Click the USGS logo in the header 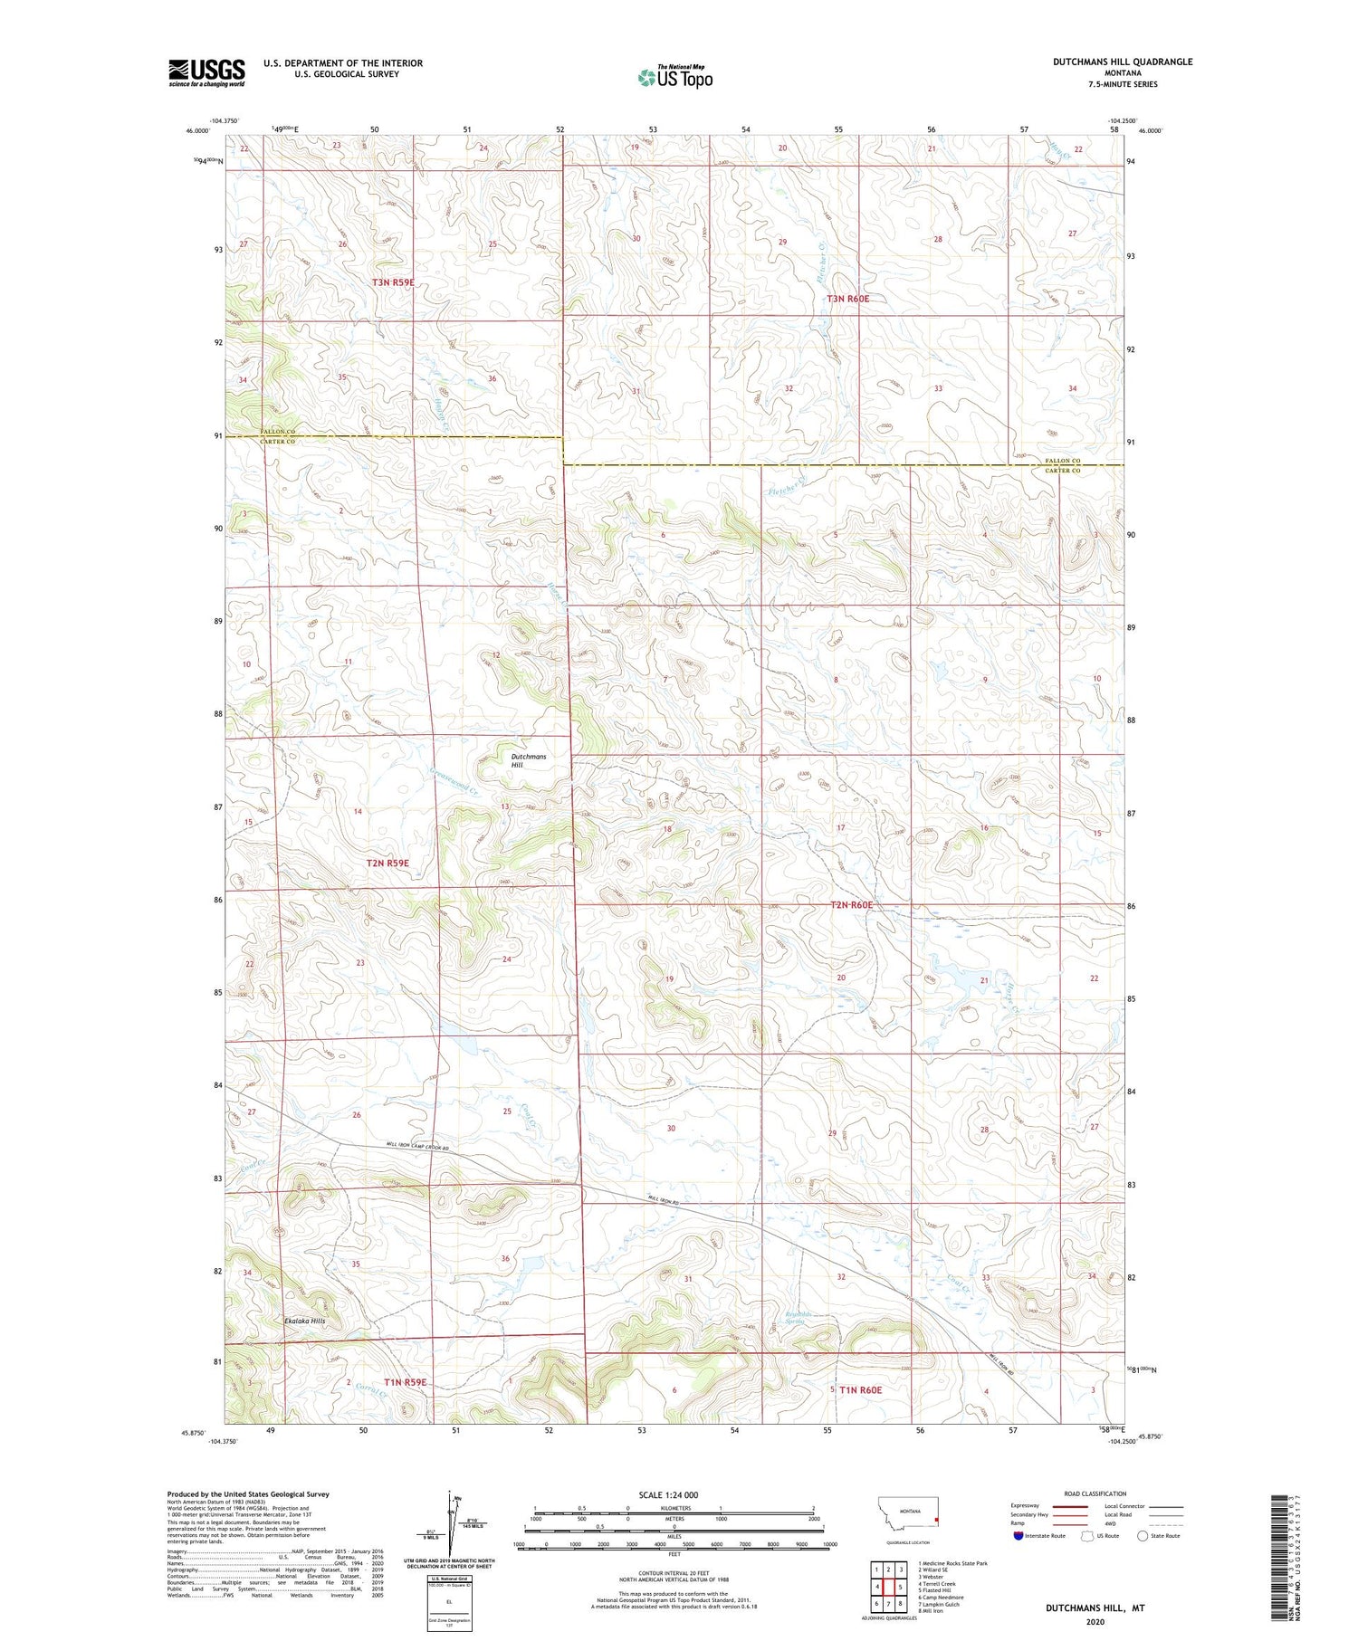pyautogui.click(x=206, y=72)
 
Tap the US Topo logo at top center pyautogui.click(x=674, y=77)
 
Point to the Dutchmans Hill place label pyautogui.click(x=529, y=760)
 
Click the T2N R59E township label pyautogui.click(x=387, y=863)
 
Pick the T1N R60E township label pyautogui.click(x=859, y=1389)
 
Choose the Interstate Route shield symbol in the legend pyautogui.click(x=1018, y=1536)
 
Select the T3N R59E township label pyautogui.click(x=393, y=282)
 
